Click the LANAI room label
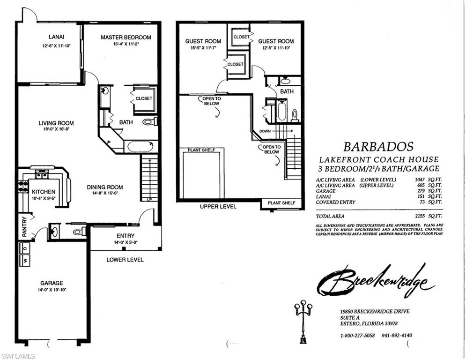[56, 37]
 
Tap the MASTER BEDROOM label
[126, 37]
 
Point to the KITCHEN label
[44, 192]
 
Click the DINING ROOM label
[105, 187]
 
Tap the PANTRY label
[24, 226]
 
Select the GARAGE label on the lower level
[52, 283]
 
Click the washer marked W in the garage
[24, 259]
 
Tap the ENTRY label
[125, 236]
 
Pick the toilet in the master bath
[149, 122]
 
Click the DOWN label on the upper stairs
[265, 131]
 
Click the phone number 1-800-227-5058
[357, 336]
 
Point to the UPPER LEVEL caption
[218, 206]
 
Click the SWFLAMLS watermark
[19, 356]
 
